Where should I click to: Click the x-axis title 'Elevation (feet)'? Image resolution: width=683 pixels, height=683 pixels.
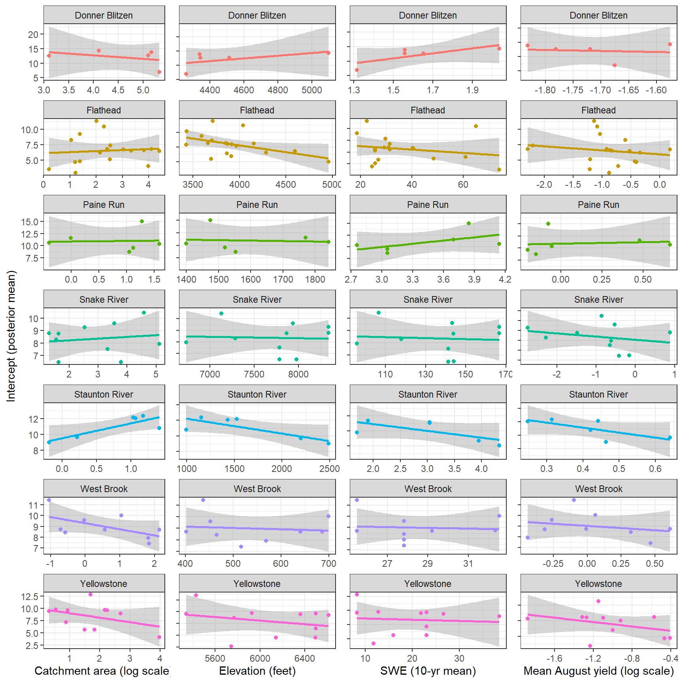point(257,671)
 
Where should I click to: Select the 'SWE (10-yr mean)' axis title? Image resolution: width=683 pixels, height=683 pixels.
point(428,671)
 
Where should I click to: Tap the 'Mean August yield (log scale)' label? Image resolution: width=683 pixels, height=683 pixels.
point(598,671)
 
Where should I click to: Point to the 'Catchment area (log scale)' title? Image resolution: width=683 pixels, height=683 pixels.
point(102,671)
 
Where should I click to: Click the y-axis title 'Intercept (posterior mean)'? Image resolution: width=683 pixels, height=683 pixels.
point(11,336)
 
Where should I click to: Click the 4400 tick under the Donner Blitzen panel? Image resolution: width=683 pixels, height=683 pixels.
point(210,90)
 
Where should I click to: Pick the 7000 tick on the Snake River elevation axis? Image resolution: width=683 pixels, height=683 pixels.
point(210,374)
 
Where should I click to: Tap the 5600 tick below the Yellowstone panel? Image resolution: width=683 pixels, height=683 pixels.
point(215,658)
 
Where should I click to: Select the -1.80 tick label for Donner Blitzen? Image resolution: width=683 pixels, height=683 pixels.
point(545,90)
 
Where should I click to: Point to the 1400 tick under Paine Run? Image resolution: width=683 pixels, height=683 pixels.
point(186,279)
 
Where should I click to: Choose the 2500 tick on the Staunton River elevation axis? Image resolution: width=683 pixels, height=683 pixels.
point(329,469)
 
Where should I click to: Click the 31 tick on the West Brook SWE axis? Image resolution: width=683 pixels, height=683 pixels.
point(468,564)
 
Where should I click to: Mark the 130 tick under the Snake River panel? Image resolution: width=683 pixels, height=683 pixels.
point(426,374)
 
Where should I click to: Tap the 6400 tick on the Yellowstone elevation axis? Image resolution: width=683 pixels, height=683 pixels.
point(305,658)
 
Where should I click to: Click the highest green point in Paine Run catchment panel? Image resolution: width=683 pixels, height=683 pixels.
point(142,221)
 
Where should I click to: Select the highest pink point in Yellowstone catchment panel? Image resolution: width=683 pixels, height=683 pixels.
point(91,594)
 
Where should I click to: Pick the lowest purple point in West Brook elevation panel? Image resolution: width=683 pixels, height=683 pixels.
point(241,547)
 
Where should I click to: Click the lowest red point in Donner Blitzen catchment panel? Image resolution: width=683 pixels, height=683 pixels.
point(159,72)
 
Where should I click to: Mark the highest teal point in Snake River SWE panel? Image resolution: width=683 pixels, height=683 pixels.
point(379,313)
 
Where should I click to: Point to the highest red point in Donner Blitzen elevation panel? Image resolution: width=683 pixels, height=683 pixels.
point(328,53)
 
